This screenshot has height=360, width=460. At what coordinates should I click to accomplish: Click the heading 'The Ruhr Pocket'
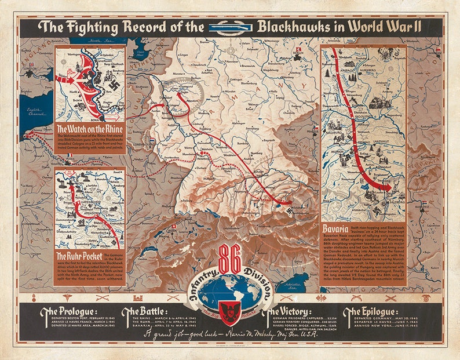(79, 254)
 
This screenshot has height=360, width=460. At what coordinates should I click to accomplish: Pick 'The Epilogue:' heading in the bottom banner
(369, 312)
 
